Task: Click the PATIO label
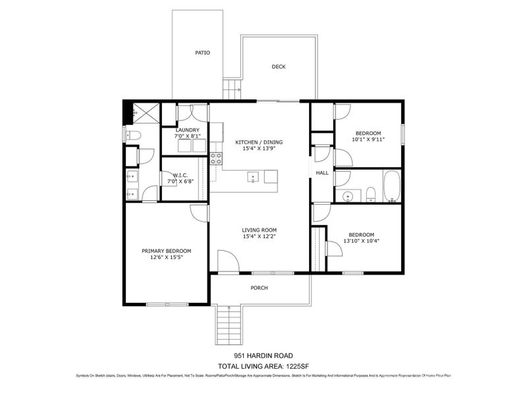point(202,53)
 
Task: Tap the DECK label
point(279,66)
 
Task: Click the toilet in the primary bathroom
point(132,135)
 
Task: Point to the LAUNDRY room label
point(187,130)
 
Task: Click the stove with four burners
point(215,158)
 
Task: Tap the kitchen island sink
point(252,176)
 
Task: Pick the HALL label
point(322,172)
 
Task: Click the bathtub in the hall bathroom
point(391,187)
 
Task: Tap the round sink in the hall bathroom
point(347,196)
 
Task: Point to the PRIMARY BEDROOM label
point(167,251)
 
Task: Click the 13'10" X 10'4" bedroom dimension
point(361,241)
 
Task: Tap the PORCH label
point(260,288)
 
